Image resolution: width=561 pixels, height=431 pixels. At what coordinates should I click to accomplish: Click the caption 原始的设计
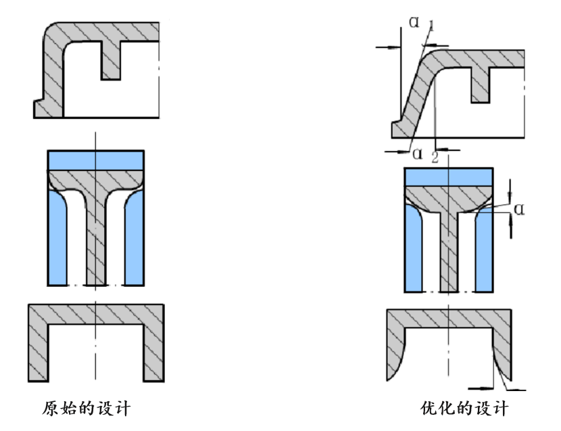(x=87, y=409)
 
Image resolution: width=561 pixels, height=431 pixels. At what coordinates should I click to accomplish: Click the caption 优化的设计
(x=464, y=409)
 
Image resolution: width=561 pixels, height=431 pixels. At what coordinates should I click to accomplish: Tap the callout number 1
(x=432, y=26)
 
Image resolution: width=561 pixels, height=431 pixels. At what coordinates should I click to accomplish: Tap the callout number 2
(x=435, y=157)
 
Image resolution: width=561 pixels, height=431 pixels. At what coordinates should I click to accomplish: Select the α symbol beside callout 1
(x=414, y=22)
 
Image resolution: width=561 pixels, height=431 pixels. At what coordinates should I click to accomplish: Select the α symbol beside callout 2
(x=418, y=154)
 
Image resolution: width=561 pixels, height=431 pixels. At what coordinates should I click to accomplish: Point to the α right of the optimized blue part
(x=519, y=209)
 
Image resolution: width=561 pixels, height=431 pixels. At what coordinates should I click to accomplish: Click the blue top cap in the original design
(x=96, y=160)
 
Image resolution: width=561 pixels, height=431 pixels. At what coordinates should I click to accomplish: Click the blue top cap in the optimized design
(x=449, y=177)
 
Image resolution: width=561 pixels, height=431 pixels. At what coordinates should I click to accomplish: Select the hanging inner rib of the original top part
(x=111, y=60)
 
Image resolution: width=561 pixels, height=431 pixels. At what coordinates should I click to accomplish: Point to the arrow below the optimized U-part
(x=481, y=388)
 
